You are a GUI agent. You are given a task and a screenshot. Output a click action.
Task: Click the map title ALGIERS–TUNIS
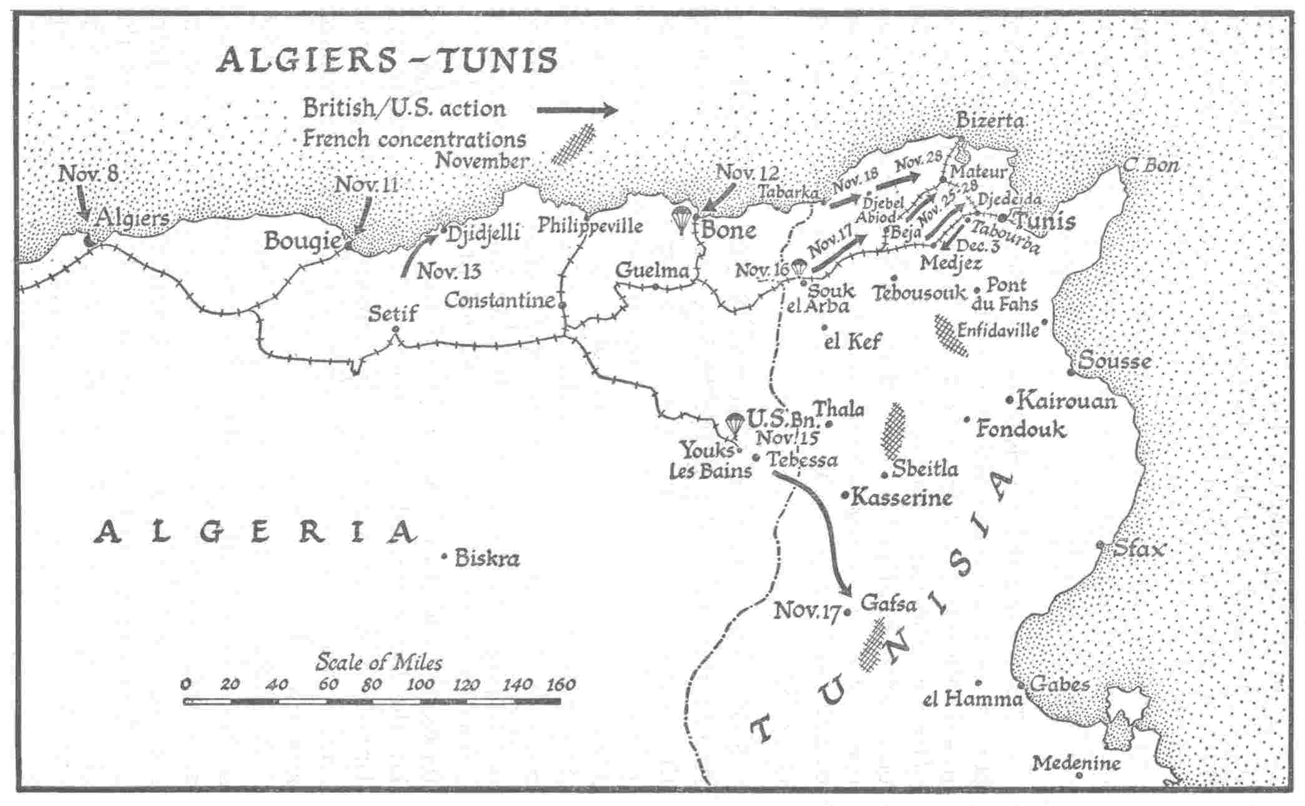[387, 61]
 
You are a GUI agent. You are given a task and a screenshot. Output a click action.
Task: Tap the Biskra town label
[487, 557]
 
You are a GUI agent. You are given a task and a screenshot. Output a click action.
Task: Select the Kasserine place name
[902, 498]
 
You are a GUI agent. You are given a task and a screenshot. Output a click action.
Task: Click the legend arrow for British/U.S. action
[577, 111]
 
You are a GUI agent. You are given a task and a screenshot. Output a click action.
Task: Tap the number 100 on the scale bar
[420, 684]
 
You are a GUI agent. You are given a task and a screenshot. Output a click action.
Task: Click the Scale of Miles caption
[379, 662]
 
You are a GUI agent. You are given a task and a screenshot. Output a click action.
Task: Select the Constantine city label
[500, 301]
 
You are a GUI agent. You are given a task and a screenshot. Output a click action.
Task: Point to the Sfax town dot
[1100, 545]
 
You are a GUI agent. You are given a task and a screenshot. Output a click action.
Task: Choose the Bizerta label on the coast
[990, 121]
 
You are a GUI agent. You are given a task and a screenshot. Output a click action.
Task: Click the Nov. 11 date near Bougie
[367, 185]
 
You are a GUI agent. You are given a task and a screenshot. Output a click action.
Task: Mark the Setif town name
[392, 313]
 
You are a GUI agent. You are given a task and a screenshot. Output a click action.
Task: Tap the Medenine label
[1076, 763]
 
